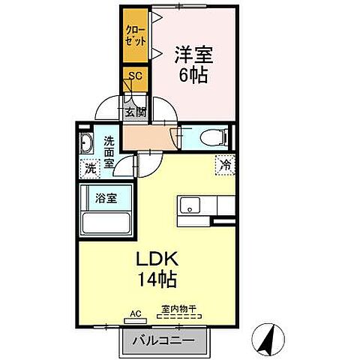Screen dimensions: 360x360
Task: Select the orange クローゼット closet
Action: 136,37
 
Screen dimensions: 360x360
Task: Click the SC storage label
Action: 135,75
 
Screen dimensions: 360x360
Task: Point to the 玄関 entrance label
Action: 135,112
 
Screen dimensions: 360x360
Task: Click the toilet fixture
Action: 212,138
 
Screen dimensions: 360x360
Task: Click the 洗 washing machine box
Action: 90,169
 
